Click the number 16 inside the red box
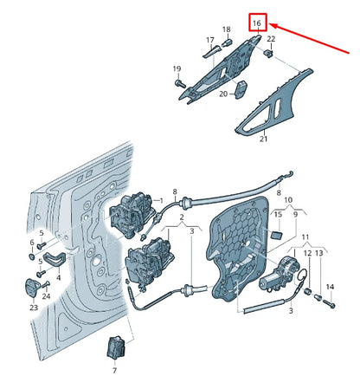[x=258, y=23]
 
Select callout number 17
[x=209, y=41]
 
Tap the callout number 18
[x=227, y=29]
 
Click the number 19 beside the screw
[x=177, y=69]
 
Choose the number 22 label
[x=271, y=40]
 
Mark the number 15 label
[x=278, y=214]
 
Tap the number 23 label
[x=33, y=308]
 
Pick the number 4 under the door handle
[x=59, y=278]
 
